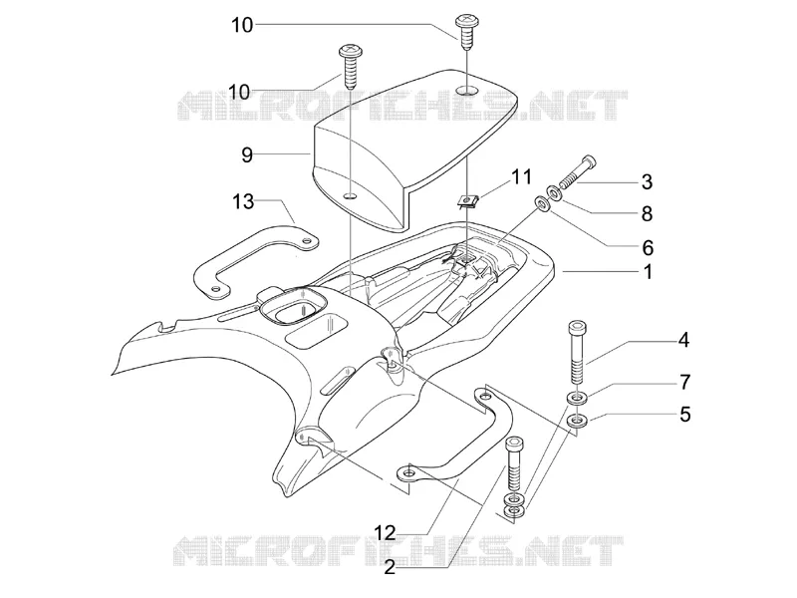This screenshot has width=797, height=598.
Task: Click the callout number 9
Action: pos(247,154)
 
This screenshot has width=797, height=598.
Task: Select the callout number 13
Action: pos(243,201)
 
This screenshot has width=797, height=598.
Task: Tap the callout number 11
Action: pos(521,177)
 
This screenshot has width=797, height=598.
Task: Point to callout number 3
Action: pos(647,182)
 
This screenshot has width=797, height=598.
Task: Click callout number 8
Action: pos(647,214)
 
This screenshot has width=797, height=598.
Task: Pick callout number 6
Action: pos(647,248)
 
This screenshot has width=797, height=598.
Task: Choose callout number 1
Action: pos(648,272)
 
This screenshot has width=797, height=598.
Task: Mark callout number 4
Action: pos(684,340)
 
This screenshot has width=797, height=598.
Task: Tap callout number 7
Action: pos(684,382)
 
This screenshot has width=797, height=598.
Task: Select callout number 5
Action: pos(684,415)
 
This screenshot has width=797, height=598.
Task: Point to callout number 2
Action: pos(390,567)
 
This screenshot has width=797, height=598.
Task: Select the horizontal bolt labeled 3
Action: pos(577,171)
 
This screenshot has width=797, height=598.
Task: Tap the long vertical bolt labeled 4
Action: pos(577,353)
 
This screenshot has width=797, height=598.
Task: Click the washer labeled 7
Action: pos(577,397)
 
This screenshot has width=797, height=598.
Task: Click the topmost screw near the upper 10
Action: pos(465,32)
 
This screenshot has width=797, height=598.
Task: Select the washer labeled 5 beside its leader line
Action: pos(577,421)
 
